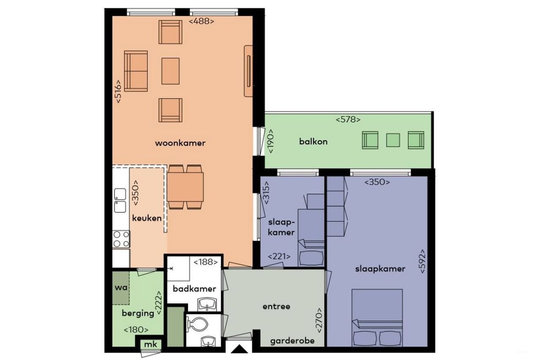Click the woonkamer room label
pos(180,143)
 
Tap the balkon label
pos(313,141)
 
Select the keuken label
pos(146,218)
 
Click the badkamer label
pos(194,289)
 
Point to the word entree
pos(276,306)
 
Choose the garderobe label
pos(292,341)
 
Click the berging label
pos(138,313)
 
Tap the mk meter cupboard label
pos(151,345)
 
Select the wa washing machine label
pos(121,288)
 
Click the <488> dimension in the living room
pos(201,21)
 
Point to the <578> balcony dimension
pos(348,119)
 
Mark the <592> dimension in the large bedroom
pos(422,262)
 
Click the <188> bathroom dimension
pos(205,263)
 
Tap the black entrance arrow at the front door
pos(239,349)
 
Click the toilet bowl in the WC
pos(198,325)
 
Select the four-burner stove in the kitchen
pos(121,239)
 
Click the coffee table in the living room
pos(171,70)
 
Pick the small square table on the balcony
pos(393,140)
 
